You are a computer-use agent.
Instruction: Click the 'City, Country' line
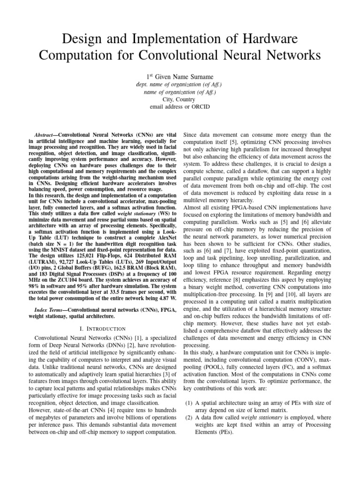click(180, 99)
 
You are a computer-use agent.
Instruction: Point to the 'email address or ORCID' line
click(180, 107)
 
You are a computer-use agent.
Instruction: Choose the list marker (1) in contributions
click(188, 403)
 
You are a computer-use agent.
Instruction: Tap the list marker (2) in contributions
click(188, 418)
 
